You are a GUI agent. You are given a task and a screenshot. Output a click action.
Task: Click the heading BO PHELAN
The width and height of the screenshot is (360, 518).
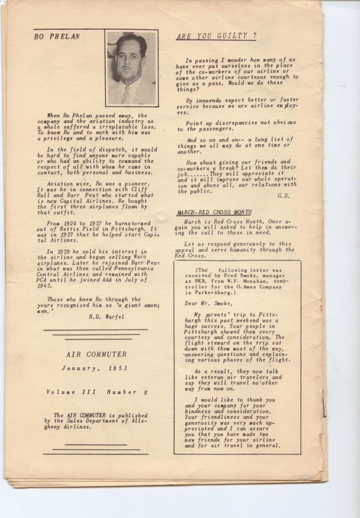(57, 36)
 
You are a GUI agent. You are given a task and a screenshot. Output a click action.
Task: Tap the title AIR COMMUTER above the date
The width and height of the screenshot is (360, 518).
(96, 355)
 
